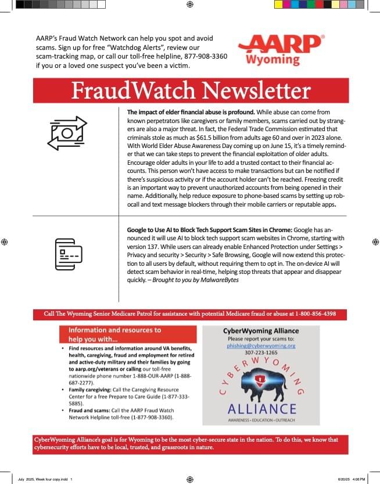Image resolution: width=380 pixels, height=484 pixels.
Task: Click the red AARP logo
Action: coord(280,44)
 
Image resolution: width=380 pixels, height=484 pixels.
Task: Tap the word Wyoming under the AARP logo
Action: coord(273,59)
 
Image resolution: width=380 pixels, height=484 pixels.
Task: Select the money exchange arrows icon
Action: coord(67,133)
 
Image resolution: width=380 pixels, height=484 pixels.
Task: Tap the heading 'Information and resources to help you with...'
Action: coord(110,334)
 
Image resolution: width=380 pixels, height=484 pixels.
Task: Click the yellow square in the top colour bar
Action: coord(278,4)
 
